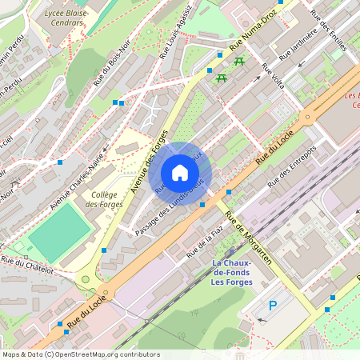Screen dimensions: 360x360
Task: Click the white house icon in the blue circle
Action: coord(180,173)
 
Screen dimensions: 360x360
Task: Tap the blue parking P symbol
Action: coord(273,305)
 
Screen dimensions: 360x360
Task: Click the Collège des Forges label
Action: coord(104,199)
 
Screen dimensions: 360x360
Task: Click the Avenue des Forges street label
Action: coord(149,161)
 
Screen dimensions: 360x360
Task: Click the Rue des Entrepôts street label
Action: coord(292,166)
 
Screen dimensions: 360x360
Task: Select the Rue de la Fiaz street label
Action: coord(204,242)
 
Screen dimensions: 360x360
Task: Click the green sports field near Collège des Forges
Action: coord(61,227)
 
